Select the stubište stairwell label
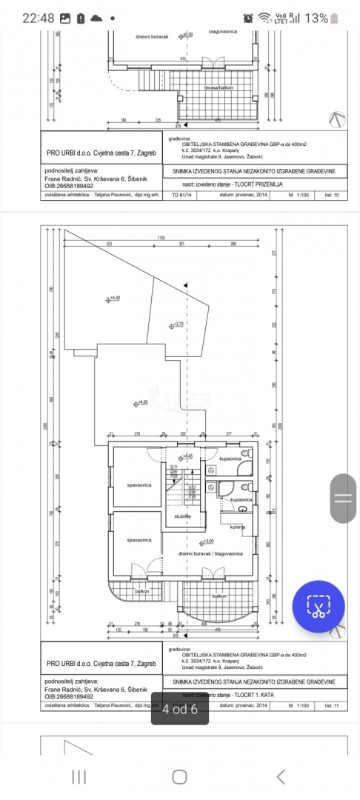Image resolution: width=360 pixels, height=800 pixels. [183, 516]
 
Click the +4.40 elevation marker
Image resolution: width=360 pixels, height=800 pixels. [115, 299]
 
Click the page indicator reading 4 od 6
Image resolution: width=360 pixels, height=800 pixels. [179, 709]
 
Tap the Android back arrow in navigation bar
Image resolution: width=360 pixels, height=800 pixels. [280, 776]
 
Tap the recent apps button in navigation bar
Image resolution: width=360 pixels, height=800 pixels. [79, 776]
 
